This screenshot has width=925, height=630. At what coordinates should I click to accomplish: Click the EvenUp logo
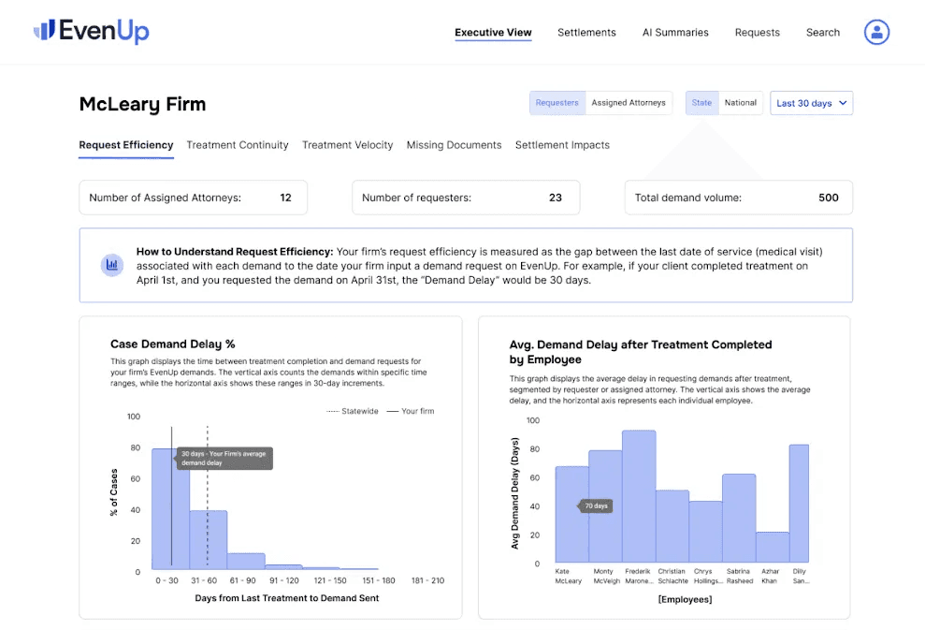[x=92, y=30]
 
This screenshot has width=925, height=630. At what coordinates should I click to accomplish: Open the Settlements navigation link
[x=586, y=33]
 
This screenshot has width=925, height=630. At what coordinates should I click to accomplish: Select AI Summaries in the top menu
[x=675, y=33]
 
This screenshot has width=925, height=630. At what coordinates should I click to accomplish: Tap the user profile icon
[x=876, y=32]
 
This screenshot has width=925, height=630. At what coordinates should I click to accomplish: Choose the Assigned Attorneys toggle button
[x=629, y=103]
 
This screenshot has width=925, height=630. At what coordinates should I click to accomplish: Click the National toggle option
[x=741, y=103]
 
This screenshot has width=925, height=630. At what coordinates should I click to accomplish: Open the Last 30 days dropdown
[x=811, y=103]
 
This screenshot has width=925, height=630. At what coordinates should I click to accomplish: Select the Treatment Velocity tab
[x=348, y=145]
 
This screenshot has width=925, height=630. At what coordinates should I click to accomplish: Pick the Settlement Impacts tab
[x=562, y=145]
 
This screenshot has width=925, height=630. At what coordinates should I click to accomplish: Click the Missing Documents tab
[x=454, y=145]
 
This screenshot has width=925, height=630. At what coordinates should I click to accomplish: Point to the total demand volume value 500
[x=829, y=198]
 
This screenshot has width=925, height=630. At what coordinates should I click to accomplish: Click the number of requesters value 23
[x=556, y=198]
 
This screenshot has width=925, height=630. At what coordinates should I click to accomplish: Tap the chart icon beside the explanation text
[x=112, y=265]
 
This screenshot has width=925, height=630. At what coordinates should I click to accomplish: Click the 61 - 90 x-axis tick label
[x=242, y=580]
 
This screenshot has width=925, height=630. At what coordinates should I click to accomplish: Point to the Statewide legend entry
[x=353, y=411]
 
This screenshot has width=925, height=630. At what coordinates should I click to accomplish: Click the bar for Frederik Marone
[x=639, y=496]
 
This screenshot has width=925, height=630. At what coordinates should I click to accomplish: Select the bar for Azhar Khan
[x=773, y=547]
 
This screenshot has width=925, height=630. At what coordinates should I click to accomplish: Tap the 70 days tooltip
[x=595, y=506]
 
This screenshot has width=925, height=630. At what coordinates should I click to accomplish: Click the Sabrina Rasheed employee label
[x=739, y=577]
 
